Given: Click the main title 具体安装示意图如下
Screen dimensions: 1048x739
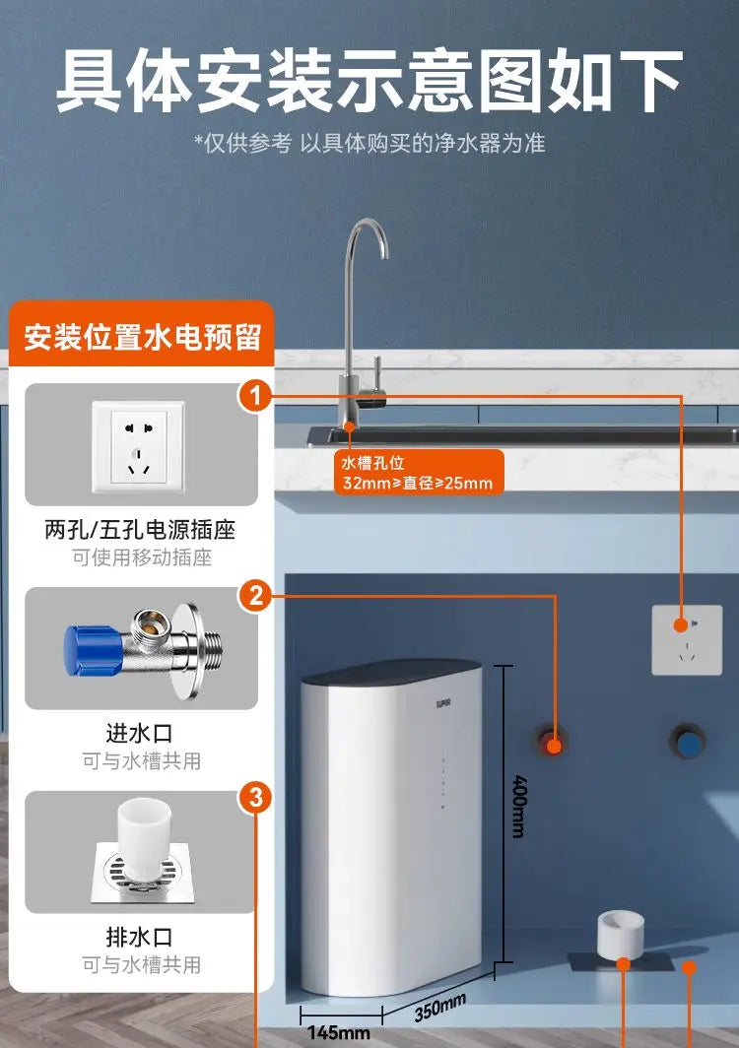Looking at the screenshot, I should click(x=369, y=81).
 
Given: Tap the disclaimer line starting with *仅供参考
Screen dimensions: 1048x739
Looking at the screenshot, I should click(x=369, y=144).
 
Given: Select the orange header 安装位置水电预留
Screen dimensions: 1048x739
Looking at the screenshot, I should click(x=143, y=337).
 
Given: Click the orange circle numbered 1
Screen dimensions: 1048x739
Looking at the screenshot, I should click(x=256, y=397).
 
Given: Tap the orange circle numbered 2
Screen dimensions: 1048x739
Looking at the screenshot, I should click(x=256, y=596).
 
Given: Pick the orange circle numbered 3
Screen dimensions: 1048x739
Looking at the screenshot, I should click(x=256, y=798).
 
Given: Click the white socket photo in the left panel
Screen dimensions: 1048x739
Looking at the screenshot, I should click(x=130, y=446).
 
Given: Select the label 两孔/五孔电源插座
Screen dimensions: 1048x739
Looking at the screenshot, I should click(x=141, y=530).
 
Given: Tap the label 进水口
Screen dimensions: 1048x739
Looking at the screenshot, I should click(x=140, y=733).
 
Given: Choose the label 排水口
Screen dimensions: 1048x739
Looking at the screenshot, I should click(x=140, y=936).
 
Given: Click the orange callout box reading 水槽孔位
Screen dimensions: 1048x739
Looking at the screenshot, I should click(x=418, y=473).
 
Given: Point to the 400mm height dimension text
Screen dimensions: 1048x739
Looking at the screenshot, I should click(x=518, y=805).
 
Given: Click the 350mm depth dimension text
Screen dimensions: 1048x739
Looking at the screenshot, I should click(x=439, y=1007).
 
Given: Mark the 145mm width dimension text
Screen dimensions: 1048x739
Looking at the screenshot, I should click(x=338, y=1033).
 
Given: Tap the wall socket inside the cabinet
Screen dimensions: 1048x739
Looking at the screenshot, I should click(x=687, y=640).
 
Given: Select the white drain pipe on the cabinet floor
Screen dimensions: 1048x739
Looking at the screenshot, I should click(x=622, y=935).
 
